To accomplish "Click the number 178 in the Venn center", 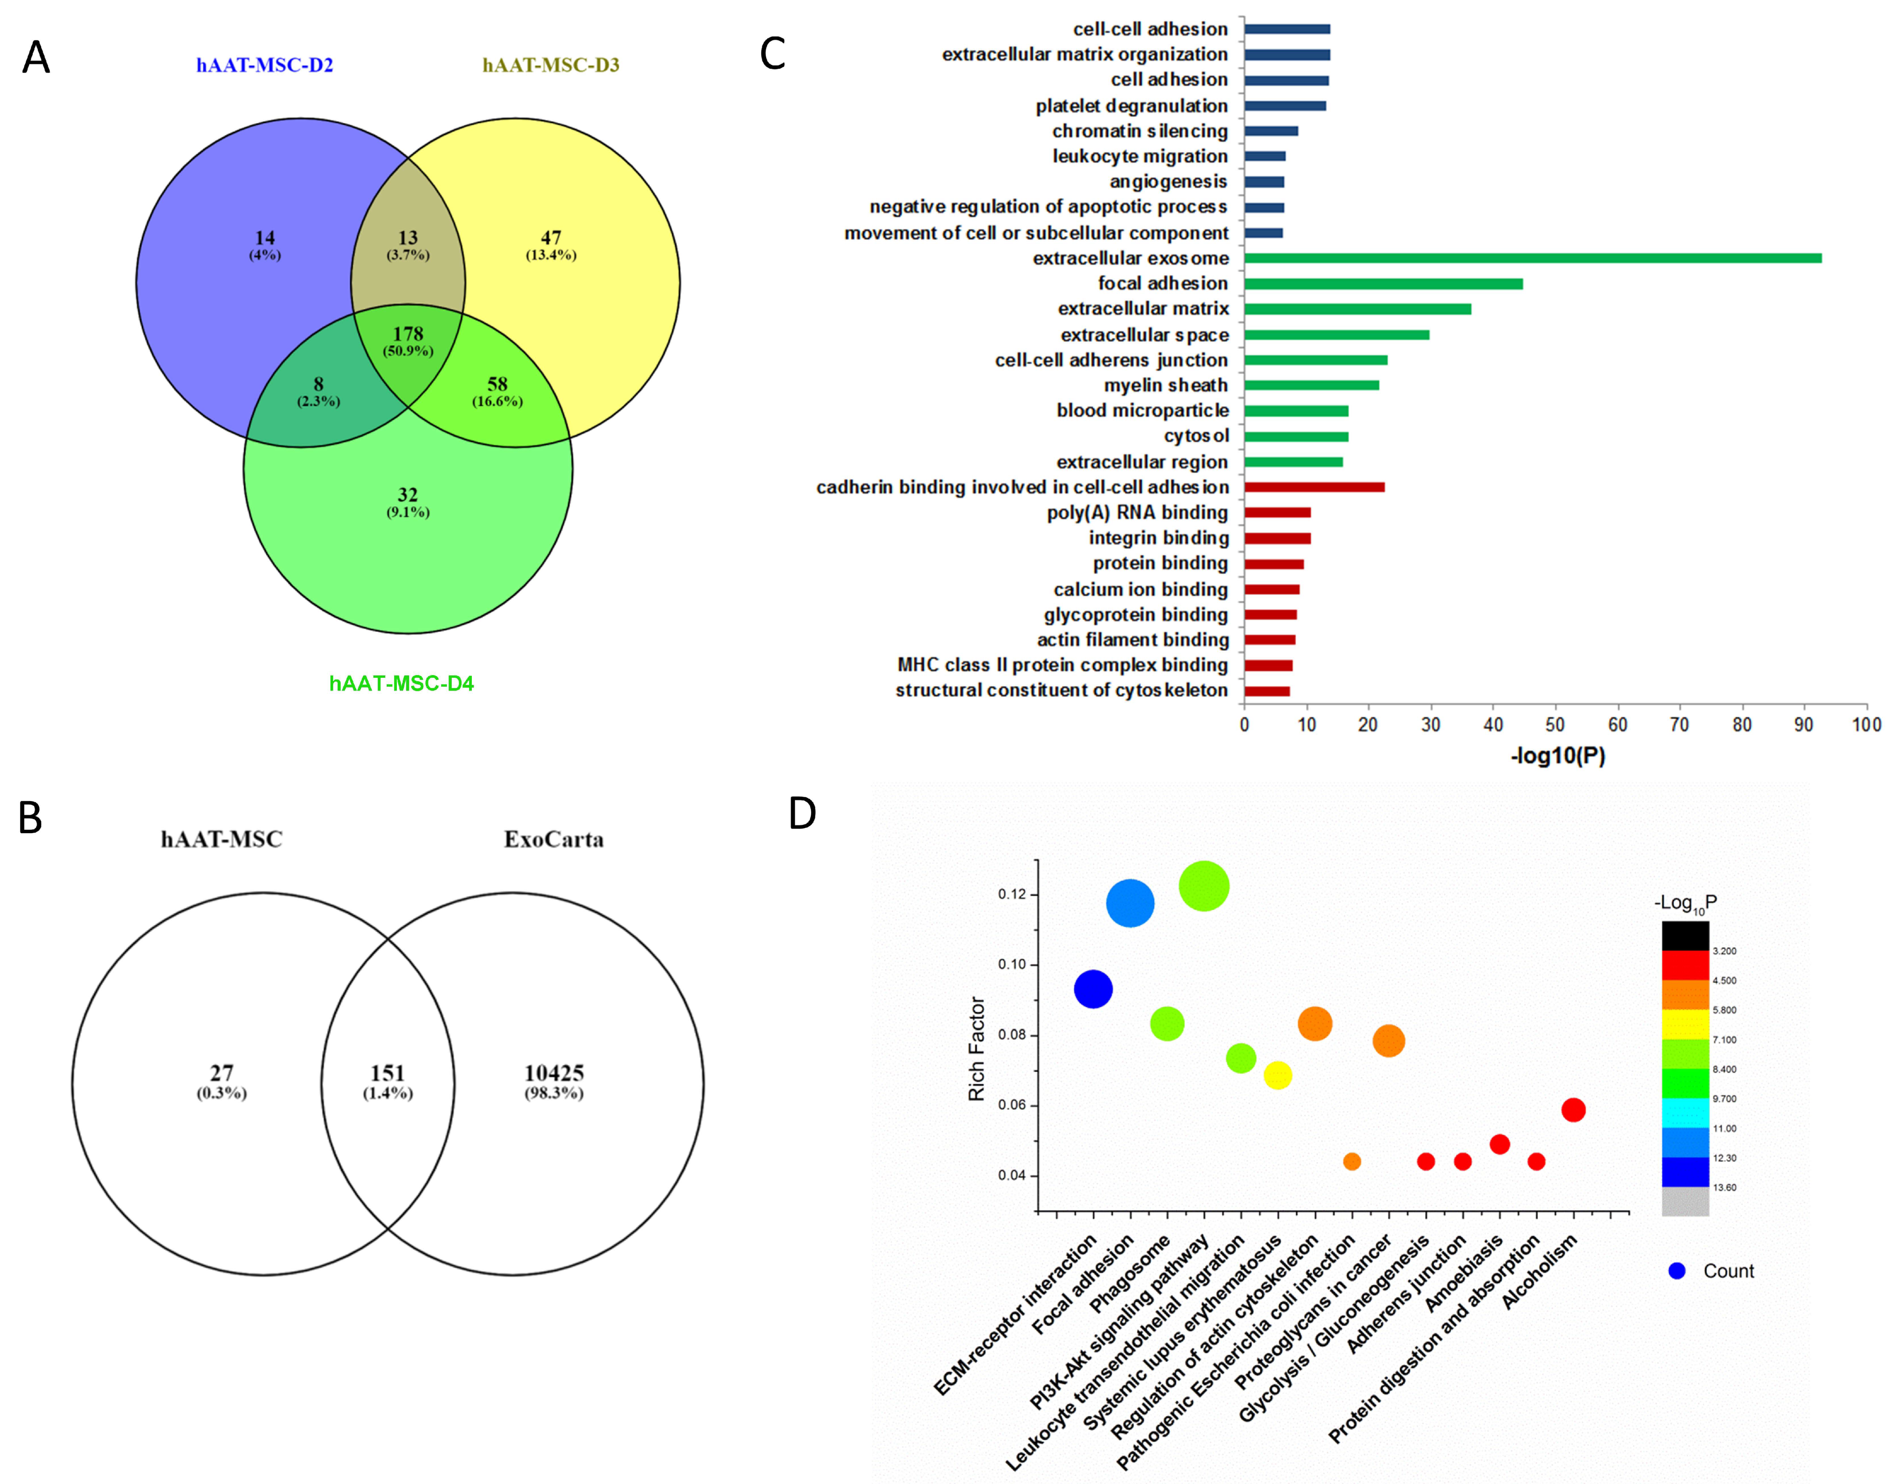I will [x=408, y=334].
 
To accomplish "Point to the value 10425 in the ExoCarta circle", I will [x=554, y=1073].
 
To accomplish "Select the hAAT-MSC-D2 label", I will [x=264, y=65].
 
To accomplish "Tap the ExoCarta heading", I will [x=554, y=839].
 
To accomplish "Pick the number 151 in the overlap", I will [x=388, y=1073].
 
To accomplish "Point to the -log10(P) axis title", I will [x=1557, y=756].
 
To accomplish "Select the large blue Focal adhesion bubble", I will [x=1130, y=904].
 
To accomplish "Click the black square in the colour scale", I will [x=1685, y=936].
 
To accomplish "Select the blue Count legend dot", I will [x=1677, y=1271].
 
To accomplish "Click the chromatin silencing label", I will [x=1140, y=131].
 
